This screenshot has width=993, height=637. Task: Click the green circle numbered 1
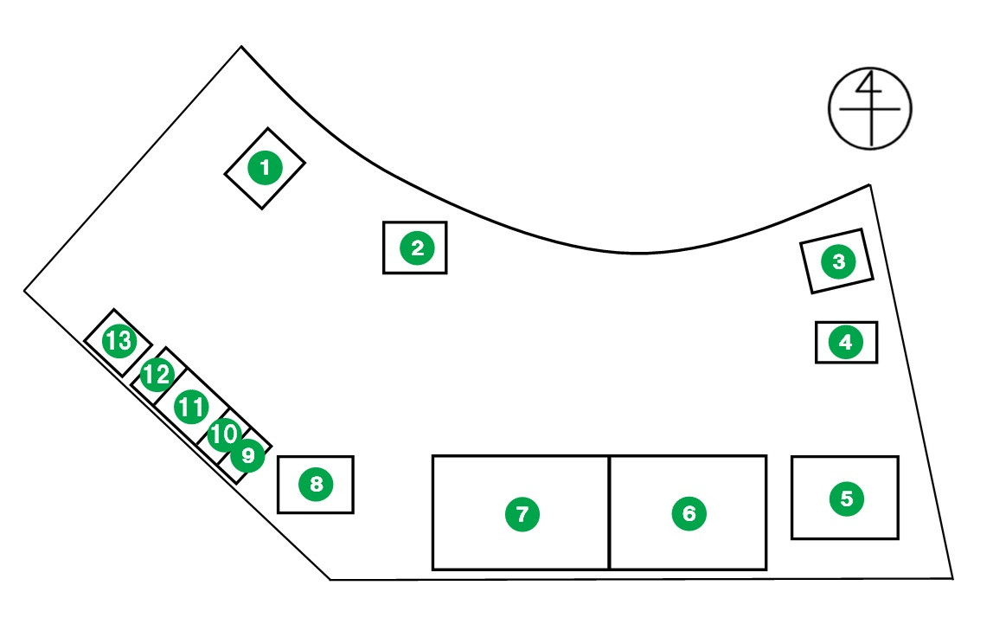click(x=265, y=168)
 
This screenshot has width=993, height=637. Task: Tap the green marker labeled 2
click(x=417, y=248)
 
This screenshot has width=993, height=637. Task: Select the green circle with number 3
click(x=838, y=261)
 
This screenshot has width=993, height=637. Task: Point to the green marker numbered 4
click(x=845, y=342)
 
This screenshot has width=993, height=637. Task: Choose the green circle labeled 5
click(x=846, y=498)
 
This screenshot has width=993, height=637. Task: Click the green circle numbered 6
click(x=689, y=513)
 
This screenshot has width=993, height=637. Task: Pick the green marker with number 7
click(x=522, y=513)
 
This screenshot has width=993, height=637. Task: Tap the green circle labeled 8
click(x=316, y=484)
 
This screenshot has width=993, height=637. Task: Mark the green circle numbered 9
click(x=248, y=454)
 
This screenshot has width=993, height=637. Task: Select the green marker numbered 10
click(x=224, y=434)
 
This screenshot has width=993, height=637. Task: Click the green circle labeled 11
click(x=191, y=406)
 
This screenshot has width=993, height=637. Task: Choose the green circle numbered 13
click(x=119, y=341)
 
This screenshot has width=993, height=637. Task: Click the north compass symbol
click(x=870, y=107)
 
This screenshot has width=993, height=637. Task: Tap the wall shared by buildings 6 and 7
click(x=610, y=512)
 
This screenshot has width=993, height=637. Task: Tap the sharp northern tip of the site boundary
click(x=241, y=47)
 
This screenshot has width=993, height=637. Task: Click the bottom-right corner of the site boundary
click(x=953, y=578)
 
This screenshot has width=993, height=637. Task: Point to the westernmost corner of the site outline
click(x=24, y=291)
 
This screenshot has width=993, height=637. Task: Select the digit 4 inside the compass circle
click(x=870, y=87)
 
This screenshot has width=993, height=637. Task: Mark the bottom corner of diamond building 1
click(x=264, y=208)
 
